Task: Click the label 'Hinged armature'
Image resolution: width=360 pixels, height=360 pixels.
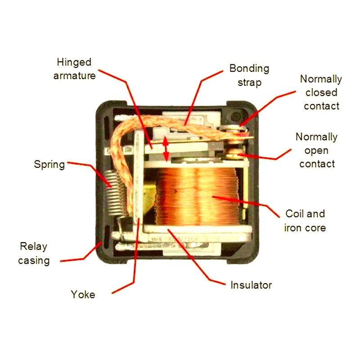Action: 74,69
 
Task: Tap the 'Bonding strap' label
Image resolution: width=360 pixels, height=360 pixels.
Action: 249,76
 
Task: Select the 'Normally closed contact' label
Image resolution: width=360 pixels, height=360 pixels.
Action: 321,92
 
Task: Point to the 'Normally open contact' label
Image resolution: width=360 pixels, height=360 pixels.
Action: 317,150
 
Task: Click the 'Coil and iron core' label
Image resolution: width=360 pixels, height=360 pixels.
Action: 305,220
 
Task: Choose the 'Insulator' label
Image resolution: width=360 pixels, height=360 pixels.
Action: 251,285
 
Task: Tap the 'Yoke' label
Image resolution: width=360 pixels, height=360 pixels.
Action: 83,295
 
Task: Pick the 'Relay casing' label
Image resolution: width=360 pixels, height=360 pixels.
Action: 33,253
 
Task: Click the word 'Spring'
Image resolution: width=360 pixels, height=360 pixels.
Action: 49,164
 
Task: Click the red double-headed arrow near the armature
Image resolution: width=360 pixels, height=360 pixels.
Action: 166,148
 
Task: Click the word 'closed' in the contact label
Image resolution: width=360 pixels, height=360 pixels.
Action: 321,92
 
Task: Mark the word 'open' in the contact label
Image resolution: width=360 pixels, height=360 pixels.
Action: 316,150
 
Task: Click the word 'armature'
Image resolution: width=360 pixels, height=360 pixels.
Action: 74,76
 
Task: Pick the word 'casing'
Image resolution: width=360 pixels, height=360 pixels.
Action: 33,260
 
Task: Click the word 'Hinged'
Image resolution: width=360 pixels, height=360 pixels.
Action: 74,62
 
